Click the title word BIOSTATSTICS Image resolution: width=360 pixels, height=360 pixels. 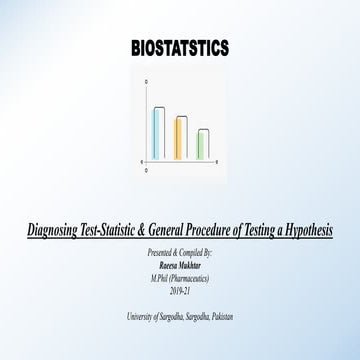coord(180,48)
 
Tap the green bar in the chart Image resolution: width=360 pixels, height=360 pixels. coord(203,130)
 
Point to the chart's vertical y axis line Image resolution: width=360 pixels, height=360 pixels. coord(147,120)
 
